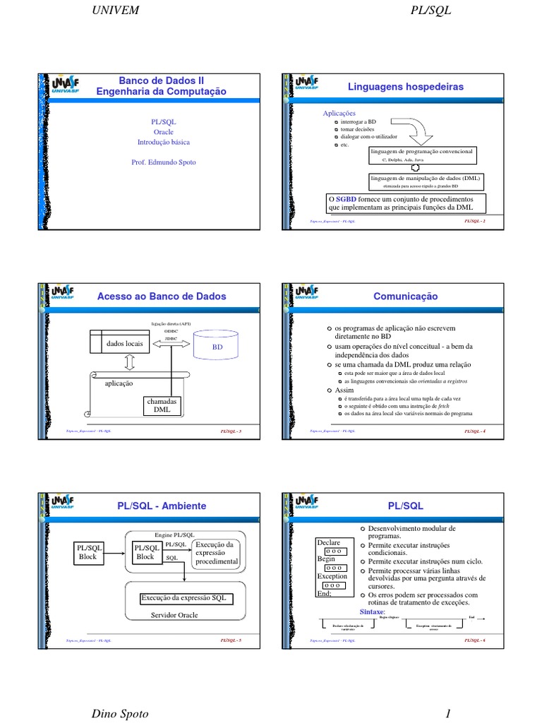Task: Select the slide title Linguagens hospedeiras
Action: (x=406, y=86)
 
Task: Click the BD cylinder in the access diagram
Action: (x=217, y=347)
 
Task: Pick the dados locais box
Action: (x=124, y=344)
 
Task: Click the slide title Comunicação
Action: (x=406, y=297)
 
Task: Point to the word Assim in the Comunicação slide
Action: (x=344, y=390)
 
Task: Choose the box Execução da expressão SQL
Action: (x=184, y=598)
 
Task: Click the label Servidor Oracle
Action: (x=174, y=615)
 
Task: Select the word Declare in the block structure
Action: (x=330, y=542)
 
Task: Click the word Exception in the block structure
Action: (x=332, y=576)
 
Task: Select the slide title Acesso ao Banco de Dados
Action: (x=162, y=297)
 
